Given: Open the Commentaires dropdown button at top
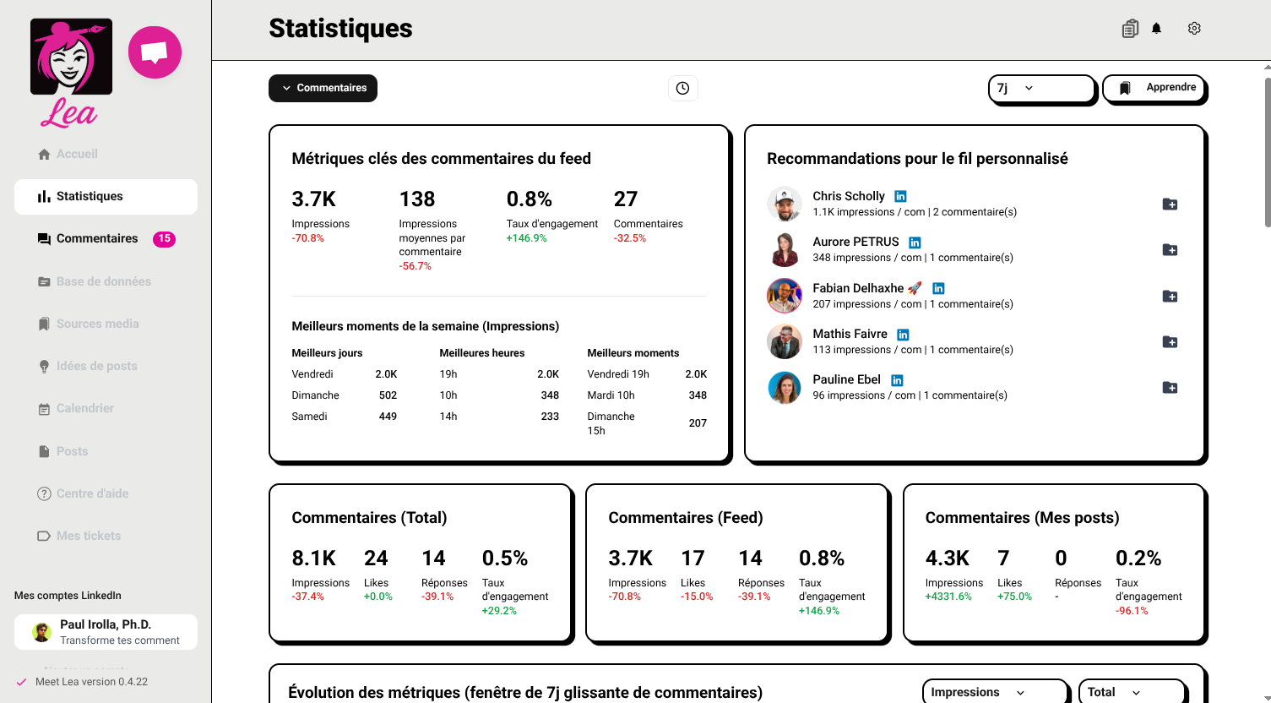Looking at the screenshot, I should pyautogui.click(x=323, y=88).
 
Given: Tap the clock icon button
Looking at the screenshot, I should pyautogui.click(x=683, y=88).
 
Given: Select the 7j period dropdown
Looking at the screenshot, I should pyautogui.click(x=1041, y=88).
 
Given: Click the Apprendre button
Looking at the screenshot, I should pyautogui.click(x=1155, y=88).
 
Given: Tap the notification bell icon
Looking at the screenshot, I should pyautogui.click(x=1156, y=29).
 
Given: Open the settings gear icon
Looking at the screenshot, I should pyautogui.click(x=1194, y=29).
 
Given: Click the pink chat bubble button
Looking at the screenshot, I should pyautogui.click(x=155, y=52).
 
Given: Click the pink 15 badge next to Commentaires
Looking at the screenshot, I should pyautogui.click(x=164, y=239).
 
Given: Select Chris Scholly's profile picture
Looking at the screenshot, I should pyautogui.click(x=785, y=204).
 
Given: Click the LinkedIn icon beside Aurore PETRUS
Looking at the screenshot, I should pyautogui.click(x=915, y=243).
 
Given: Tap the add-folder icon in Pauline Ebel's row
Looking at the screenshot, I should pyautogui.click(x=1170, y=388).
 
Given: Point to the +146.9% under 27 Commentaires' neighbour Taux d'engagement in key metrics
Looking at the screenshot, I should pyautogui.click(x=526, y=238).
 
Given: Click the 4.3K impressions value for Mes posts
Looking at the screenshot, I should pyautogui.click(x=947, y=559).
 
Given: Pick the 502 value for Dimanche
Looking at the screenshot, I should pyautogui.click(x=388, y=395).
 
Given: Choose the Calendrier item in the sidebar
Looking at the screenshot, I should pyautogui.click(x=84, y=409).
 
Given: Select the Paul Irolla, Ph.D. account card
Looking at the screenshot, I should pyautogui.click(x=106, y=632).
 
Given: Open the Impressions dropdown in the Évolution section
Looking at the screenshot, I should pyautogui.click(x=994, y=692).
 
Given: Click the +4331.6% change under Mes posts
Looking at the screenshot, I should pyautogui.click(x=948, y=597).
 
